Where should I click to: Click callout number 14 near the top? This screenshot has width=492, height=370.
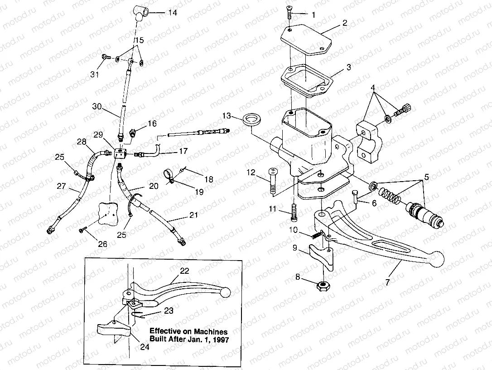[x=172, y=13]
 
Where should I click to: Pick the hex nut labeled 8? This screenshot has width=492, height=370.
[x=323, y=286]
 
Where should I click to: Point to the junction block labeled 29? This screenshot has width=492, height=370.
[x=120, y=153]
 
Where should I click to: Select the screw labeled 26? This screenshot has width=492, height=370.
[x=83, y=230]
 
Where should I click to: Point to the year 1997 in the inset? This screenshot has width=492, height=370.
[x=220, y=339]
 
